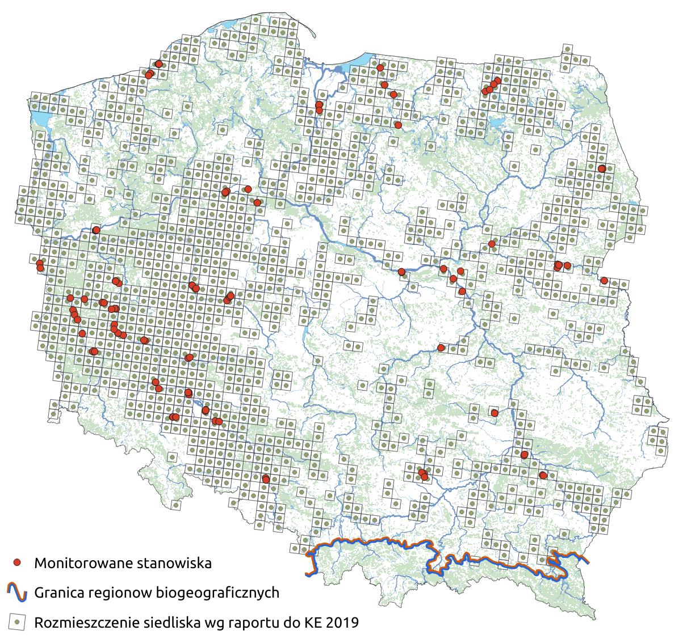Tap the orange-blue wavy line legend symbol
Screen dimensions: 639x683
18,592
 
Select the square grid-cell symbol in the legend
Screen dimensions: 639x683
18,622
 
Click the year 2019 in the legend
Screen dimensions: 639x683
342,623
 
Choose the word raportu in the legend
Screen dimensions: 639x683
252,623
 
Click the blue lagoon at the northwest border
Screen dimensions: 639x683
40,120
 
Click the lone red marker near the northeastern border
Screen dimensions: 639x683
602,168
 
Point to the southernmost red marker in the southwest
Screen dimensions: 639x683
266,479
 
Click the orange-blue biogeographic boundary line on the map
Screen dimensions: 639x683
375,540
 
